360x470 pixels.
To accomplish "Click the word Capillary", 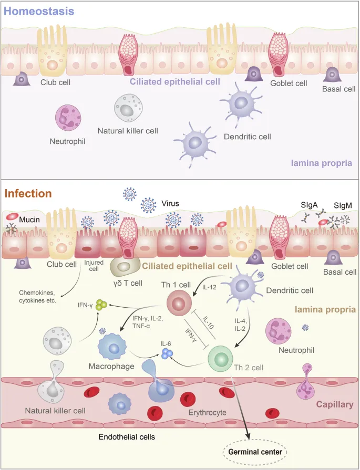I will (334, 405).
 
